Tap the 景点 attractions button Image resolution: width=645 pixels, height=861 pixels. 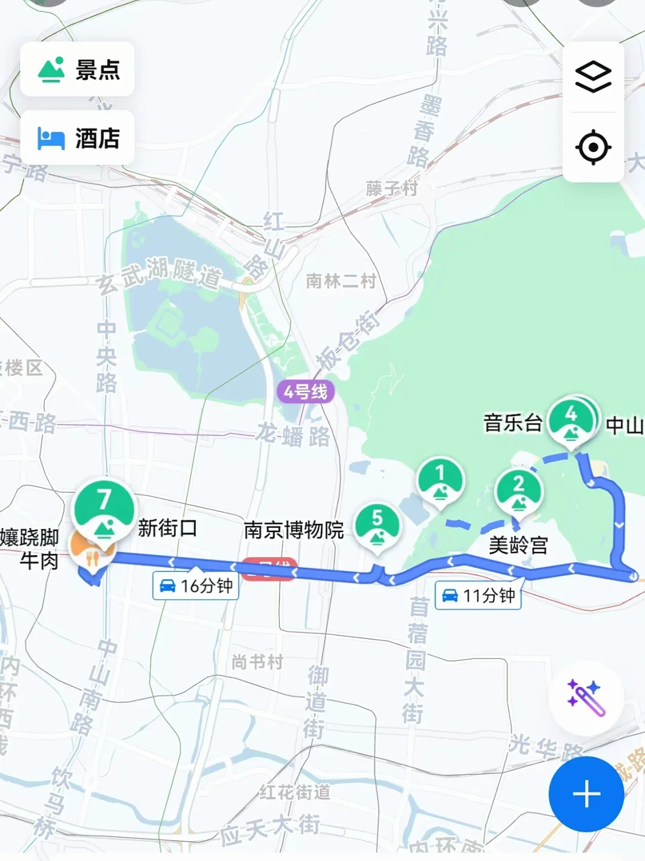pyautogui.click(x=77, y=69)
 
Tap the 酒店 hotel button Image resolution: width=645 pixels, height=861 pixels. pyautogui.click(x=77, y=138)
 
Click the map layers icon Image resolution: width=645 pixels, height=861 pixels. pyautogui.click(x=593, y=77)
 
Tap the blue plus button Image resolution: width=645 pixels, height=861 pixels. pyautogui.click(x=586, y=794)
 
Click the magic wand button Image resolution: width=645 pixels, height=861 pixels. pyautogui.click(x=586, y=697)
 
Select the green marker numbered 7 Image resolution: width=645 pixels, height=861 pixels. pyautogui.click(x=104, y=507)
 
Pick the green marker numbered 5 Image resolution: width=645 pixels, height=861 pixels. pyautogui.click(x=377, y=525)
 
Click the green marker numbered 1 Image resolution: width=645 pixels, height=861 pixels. pyautogui.click(x=440, y=479)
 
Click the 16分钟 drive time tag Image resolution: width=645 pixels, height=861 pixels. pyautogui.click(x=196, y=586)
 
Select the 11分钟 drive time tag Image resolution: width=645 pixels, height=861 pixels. pyautogui.click(x=478, y=595)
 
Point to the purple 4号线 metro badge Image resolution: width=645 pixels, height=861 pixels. pyautogui.click(x=305, y=392)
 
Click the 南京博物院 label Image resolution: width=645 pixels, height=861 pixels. pyautogui.click(x=293, y=530)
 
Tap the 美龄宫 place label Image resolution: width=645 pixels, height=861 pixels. pyautogui.click(x=518, y=545)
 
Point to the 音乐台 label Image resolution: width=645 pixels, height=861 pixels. pyautogui.click(x=512, y=423)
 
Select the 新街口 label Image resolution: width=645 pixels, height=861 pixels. pyautogui.click(x=167, y=528)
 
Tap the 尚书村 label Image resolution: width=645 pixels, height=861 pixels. pyautogui.click(x=257, y=662)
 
